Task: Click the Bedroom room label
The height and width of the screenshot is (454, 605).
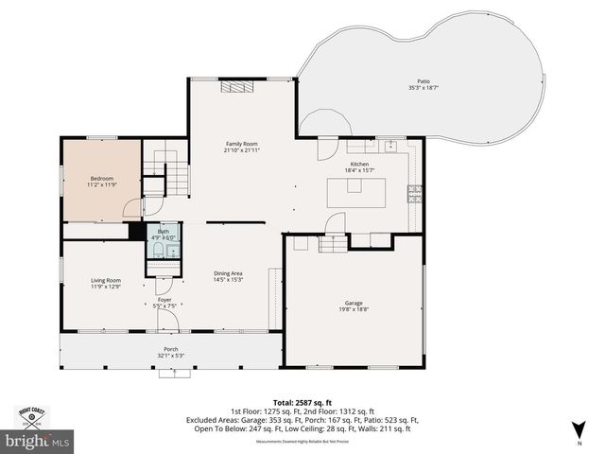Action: point(102,179)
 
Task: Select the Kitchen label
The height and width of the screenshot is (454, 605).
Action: point(359,164)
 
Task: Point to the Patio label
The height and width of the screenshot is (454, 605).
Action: point(423,81)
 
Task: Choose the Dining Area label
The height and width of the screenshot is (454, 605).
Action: point(228,273)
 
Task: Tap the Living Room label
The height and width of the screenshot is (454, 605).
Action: point(106,280)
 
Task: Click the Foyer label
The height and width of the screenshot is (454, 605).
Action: point(164,300)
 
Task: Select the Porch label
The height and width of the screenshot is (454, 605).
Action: point(171,349)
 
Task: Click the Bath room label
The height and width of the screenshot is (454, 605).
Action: point(164,232)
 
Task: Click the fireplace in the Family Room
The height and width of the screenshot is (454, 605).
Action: point(237,88)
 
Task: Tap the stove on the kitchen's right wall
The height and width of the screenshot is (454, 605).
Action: point(414,193)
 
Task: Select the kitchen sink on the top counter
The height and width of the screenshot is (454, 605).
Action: point(389,147)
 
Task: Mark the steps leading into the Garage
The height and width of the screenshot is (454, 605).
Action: point(332,245)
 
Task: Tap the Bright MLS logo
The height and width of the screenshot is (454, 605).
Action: point(38,440)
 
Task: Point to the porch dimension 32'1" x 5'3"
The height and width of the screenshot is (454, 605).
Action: point(171,356)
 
